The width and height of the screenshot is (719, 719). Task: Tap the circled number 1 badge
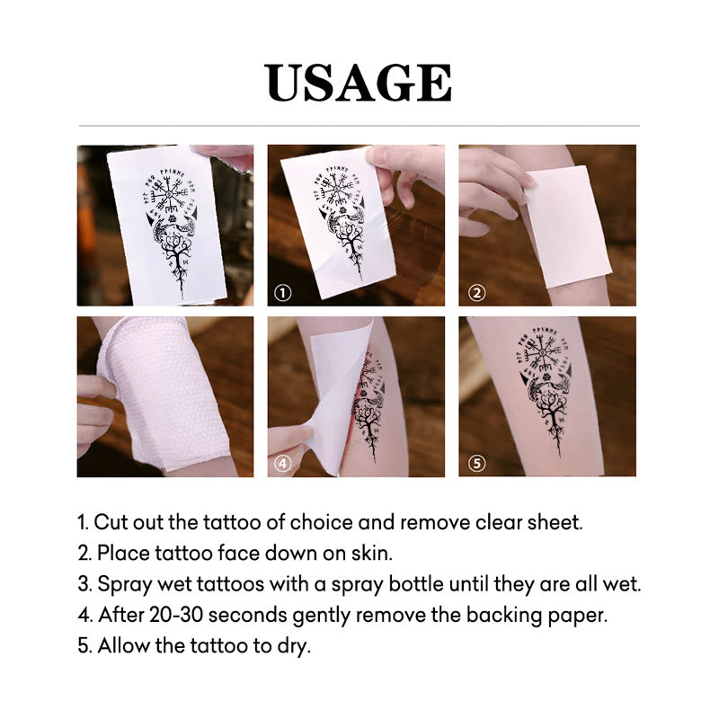click(283, 293)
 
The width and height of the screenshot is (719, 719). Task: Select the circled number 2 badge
click(477, 292)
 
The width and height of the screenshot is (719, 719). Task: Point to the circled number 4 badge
click(283, 464)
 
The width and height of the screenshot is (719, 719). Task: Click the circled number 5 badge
click(477, 464)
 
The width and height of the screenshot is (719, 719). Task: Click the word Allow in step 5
click(123, 646)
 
